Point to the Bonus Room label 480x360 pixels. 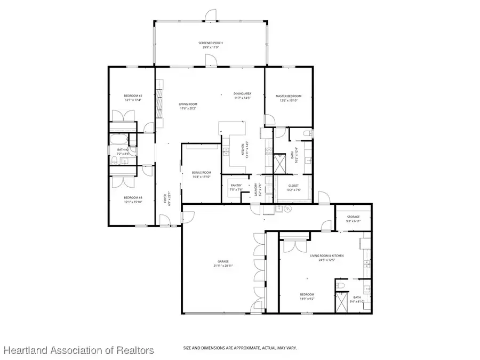pyautogui.click(x=202, y=173)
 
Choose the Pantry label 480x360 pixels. pyautogui.click(x=236, y=186)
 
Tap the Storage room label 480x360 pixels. pyautogui.click(x=353, y=217)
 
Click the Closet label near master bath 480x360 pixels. pyautogui.click(x=293, y=186)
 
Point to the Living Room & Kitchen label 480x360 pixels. pyautogui.click(x=327, y=255)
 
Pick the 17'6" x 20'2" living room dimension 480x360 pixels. pyautogui.click(x=188, y=108)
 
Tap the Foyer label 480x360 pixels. pyautogui.click(x=165, y=199)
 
